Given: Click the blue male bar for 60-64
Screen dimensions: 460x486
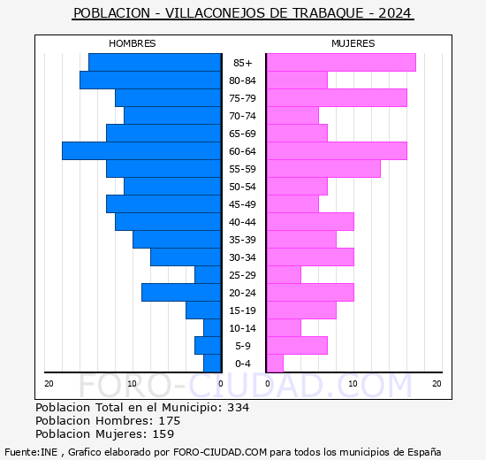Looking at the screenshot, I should (141, 151).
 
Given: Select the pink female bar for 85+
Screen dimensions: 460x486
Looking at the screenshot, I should (340, 63).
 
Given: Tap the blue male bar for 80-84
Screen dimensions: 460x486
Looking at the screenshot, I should (150, 80).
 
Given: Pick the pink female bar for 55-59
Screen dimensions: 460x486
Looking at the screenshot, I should (323, 169).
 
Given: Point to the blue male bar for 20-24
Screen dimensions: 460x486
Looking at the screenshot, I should (181, 293).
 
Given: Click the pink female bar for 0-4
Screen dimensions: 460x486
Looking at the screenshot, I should (275, 364).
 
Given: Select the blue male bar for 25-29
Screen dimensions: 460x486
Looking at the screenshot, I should (208, 275).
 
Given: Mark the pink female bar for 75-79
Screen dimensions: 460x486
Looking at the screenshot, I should (336, 98).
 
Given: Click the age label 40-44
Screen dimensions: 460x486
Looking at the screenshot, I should (243, 222).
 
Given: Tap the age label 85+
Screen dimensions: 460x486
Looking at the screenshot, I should (243, 63).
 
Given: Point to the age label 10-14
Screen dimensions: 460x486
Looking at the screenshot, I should (243, 328).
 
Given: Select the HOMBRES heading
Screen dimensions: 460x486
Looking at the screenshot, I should (133, 43).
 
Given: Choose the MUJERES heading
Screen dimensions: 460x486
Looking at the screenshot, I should (353, 43).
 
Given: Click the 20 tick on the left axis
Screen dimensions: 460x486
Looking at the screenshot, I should (49, 383).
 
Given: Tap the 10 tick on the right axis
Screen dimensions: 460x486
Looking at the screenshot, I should (352, 383).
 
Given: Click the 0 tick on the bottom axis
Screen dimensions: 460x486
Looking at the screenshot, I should (221, 383).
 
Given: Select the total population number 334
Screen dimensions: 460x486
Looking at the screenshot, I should (238, 408).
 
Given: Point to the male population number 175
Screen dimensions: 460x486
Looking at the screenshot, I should (169, 421).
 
